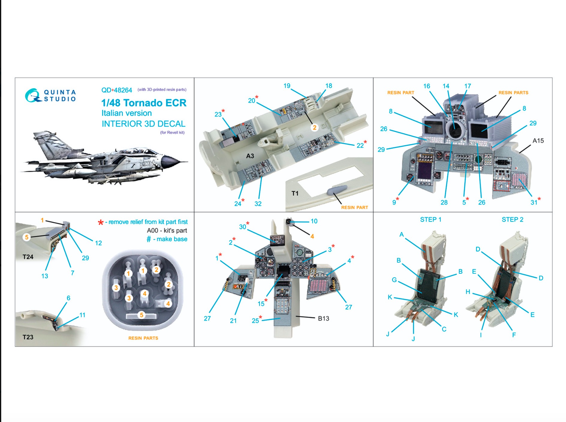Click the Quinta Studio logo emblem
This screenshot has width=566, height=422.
(x=33, y=95)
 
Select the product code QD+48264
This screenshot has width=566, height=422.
(x=117, y=90)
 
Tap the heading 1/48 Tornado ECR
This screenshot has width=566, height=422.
(x=144, y=103)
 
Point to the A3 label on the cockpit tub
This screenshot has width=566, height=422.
(x=250, y=156)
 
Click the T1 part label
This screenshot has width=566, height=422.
(x=295, y=193)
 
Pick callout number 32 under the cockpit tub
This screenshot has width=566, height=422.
(x=258, y=204)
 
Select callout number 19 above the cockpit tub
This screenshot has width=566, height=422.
(x=287, y=86)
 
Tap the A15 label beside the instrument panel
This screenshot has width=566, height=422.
(x=538, y=140)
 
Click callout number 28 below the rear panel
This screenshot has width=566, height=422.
(x=444, y=203)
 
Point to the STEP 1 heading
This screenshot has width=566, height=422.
(x=430, y=219)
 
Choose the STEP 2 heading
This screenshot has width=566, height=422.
(x=512, y=219)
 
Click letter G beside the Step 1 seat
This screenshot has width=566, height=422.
(x=394, y=280)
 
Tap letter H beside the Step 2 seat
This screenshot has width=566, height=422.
(x=468, y=292)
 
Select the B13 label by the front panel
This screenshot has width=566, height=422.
(x=323, y=318)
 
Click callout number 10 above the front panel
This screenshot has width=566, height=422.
(x=314, y=221)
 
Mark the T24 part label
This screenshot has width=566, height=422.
(x=28, y=257)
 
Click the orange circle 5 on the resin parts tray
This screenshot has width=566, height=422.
(x=141, y=315)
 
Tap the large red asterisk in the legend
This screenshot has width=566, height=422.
(x=101, y=222)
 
